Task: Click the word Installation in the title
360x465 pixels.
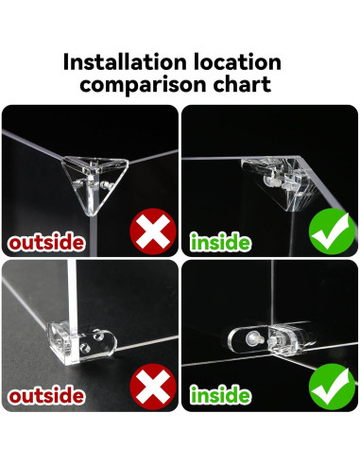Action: [125, 61]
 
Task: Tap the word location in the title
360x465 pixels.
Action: [237, 61]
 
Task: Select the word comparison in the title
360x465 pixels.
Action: [144, 84]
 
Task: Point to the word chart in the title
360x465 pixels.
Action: [242, 84]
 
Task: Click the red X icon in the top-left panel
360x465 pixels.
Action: [153, 232]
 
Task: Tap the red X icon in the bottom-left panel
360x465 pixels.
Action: [153, 387]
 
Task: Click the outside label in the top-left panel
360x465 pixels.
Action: [46, 242]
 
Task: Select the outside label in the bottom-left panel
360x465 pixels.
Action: [46, 395]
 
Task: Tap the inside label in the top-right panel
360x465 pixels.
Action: [220, 242]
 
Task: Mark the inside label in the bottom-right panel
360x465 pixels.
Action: [220, 395]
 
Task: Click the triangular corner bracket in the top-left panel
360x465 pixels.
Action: [94, 180]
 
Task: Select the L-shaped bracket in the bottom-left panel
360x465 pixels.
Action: [82, 343]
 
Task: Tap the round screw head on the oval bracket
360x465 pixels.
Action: [251, 338]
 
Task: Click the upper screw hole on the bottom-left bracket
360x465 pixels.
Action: [98, 336]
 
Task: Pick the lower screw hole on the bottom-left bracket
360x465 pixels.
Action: [84, 348]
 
